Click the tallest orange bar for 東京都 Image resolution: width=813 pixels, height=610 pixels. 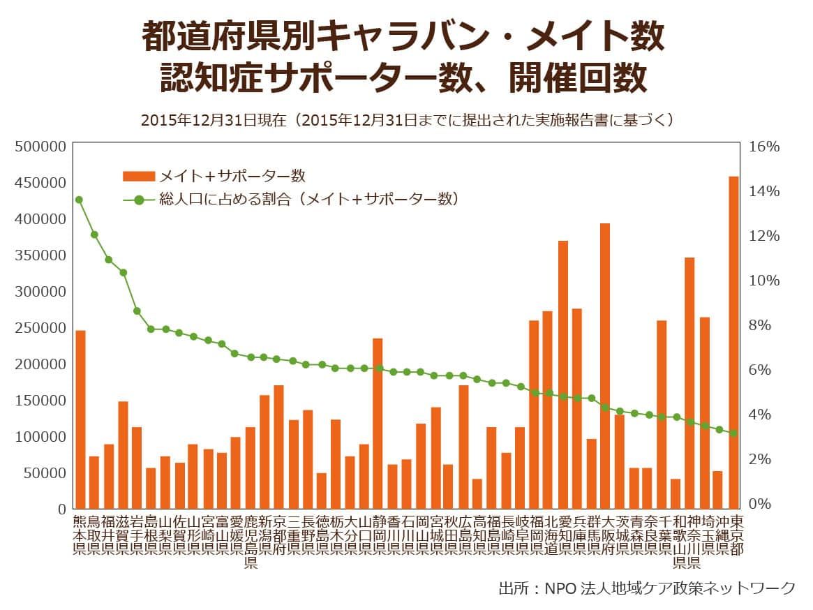(x=733, y=342)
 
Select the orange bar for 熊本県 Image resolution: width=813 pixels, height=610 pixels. (x=80, y=419)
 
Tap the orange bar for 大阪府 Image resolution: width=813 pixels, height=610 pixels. (x=605, y=366)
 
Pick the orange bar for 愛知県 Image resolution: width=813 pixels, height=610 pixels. (x=563, y=374)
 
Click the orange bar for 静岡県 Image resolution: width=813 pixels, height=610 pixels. (x=378, y=423)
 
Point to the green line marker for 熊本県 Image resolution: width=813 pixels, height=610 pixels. (x=79, y=200)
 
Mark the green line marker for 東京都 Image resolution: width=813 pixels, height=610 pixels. (x=733, y=433)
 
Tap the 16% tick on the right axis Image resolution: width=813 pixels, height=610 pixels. (x=763, y=147)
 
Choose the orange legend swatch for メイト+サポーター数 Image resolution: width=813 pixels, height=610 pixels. (x=139, y=175)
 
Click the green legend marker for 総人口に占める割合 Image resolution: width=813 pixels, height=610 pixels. (x=139, y=200)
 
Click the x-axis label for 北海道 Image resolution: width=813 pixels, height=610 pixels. (x=549, y=535)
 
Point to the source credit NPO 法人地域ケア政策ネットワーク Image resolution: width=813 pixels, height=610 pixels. (x=646, y=588)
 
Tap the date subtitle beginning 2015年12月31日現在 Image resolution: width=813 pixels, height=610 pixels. (x=407, y=119)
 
